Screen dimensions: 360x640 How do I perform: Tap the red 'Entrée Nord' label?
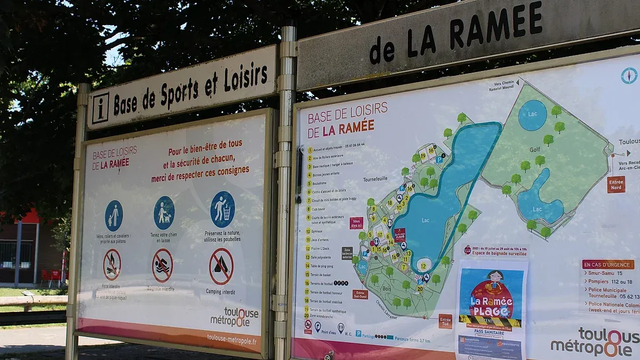click(x=615, y=185)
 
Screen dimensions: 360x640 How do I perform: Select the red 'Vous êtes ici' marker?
click(x=356, y=223)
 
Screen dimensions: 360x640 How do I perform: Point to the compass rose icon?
click(x=629, y=76)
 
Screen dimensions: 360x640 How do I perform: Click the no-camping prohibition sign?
click(x=221, y=267)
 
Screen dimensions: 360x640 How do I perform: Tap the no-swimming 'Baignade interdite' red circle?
click(x=162, y=266)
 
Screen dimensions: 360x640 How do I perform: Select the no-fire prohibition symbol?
click(x=112, y=265)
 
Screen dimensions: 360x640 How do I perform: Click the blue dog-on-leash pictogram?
click(x=164, y=213)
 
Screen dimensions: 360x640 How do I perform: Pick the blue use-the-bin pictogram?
click(x=222, y=209)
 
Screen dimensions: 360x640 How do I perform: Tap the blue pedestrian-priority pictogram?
click(x=114, y=215)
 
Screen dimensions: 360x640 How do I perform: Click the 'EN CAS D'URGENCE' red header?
click(x=608, y=265)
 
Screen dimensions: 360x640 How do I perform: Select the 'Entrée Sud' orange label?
click(x=445, y=321)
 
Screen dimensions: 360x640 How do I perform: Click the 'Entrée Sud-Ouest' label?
click(x=360, y=294)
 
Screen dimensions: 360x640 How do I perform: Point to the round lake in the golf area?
click(x=532, y=115)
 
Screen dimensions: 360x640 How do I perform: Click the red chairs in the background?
click(x=52, y=276)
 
